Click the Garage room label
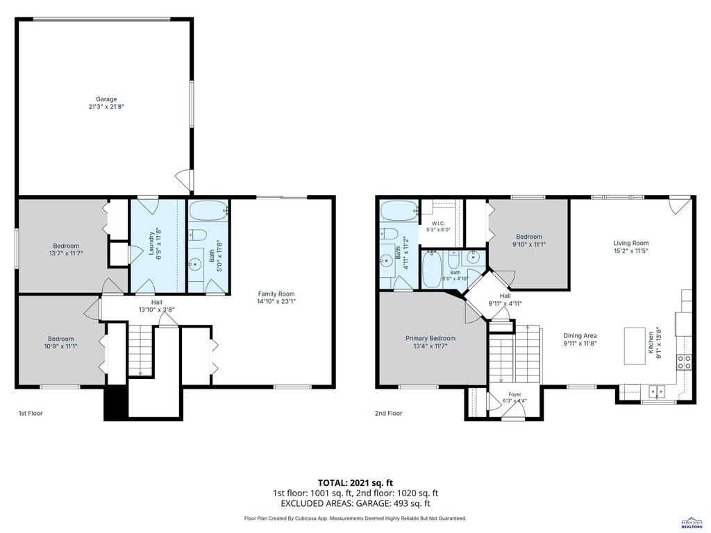(106, 99)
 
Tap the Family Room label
(276, 294)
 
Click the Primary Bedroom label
(430, 338)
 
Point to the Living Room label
(630, 243)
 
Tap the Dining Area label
(580, 336)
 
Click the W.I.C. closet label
(438, 223)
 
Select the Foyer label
(515, 394)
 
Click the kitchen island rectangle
(635, 346)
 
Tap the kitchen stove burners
(684, 362)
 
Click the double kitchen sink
(656, 391)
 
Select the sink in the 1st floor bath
(196, 263)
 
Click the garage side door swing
(183, 179)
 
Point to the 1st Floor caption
(31, 414)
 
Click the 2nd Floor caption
(389, 414)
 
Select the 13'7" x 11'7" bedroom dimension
(66, 253)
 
